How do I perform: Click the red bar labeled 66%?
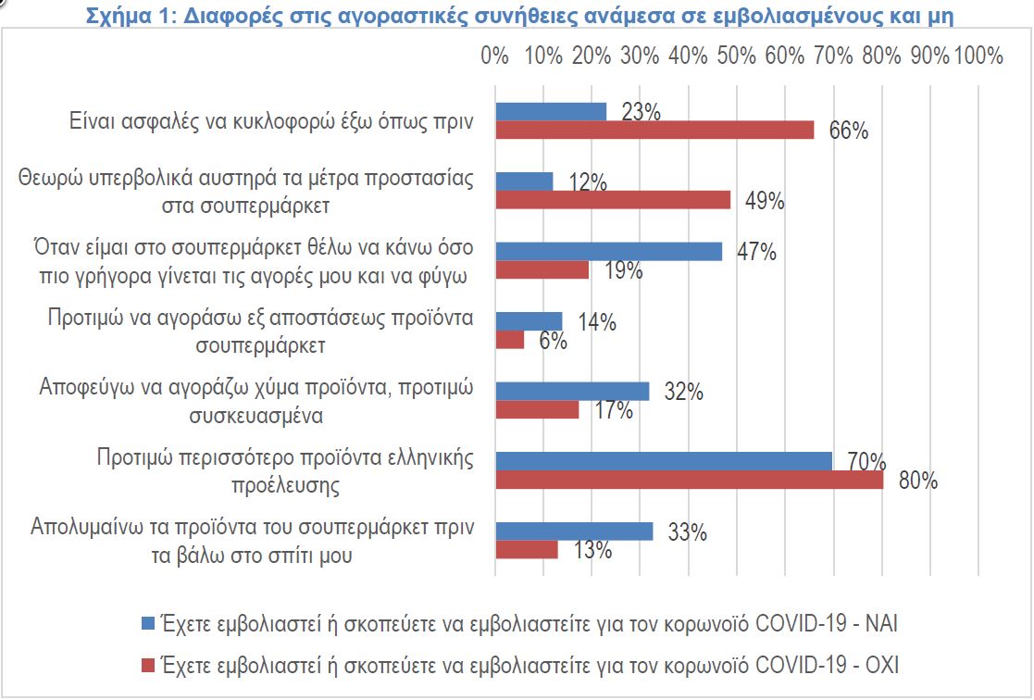(654, 130)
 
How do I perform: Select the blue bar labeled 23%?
(551, 111)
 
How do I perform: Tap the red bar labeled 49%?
(613, 200)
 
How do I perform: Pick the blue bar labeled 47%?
(609, 251)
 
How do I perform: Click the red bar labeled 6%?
(510, 340)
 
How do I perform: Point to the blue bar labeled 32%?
(572, 391)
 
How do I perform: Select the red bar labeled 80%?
(690, 480)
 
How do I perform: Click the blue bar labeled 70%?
(664, 461)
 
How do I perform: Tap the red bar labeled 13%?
(527, 549)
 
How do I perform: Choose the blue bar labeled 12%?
(524, 181)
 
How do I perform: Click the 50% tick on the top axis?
(737, 56)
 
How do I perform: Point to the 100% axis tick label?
(978, 56)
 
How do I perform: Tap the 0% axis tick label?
(496, 56)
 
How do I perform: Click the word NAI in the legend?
(880, 623)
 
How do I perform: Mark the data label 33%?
(688, 532)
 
